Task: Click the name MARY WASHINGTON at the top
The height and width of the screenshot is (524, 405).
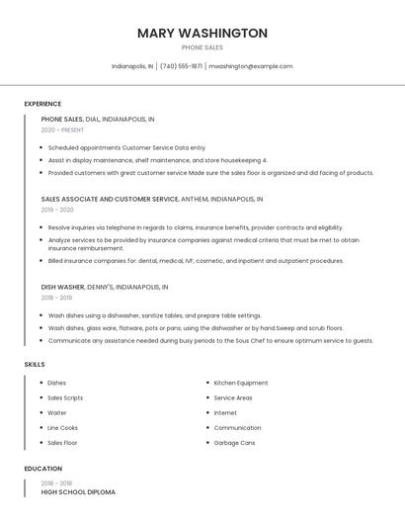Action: [202, 33]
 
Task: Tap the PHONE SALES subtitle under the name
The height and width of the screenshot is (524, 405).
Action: [202, 47]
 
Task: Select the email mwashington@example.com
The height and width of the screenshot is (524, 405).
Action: [251, 66]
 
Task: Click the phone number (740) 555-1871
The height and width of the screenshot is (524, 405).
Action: [181, 66]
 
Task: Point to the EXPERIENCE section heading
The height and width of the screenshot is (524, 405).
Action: [42, 104]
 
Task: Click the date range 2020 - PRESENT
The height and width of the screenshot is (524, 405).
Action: [62, 130]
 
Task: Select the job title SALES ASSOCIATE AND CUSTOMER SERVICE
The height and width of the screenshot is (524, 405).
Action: [110, 199]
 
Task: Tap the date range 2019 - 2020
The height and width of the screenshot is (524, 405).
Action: [57, 210]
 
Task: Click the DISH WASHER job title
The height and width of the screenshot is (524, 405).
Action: [62, 287]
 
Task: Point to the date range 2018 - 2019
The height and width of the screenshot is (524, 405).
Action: [56, 298]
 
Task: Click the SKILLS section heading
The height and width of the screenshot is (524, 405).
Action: [35, 365]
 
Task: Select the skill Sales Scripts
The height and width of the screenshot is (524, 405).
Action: [65, 397]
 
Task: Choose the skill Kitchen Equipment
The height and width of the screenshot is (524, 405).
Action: [241, 383]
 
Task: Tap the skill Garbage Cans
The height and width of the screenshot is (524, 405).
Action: [234, 443]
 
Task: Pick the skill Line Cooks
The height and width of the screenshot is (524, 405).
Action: [62, 428]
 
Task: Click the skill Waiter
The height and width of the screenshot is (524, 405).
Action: [57, 412]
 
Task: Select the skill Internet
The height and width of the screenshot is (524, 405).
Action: [225, 412]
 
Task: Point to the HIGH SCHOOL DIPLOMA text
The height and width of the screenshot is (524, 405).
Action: [78, 491]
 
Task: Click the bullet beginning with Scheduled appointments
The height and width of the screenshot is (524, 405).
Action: [126, 146]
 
